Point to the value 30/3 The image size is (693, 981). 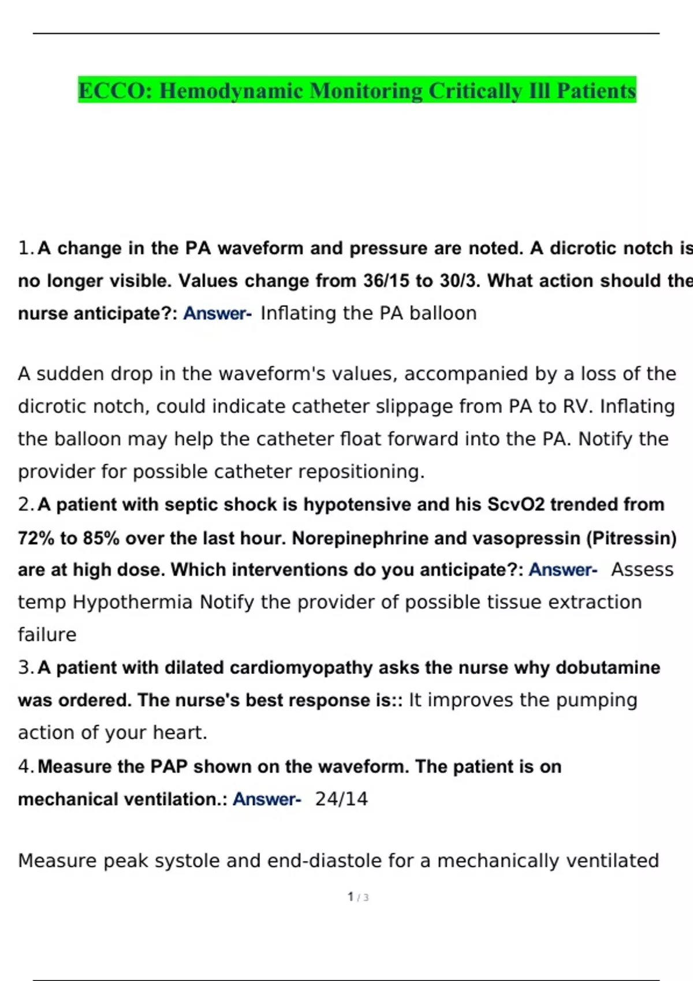point(460,281)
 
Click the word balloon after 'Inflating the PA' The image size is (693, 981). point(443,313)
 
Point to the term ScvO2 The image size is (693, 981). point(516,505)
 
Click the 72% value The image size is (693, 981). point(36,538)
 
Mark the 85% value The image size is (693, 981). point(101,538)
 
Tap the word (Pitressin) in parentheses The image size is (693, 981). point(631,538)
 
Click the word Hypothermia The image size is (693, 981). point(132,602)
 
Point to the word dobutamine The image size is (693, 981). point(608,668)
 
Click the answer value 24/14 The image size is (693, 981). point(341,799)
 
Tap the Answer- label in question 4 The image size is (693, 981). point(267,799)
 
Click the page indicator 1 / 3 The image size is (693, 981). point(358,897)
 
